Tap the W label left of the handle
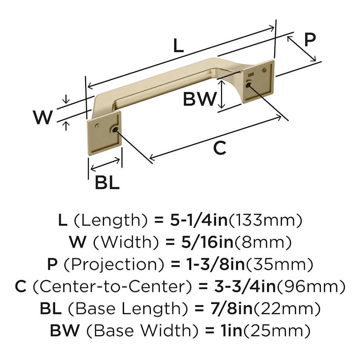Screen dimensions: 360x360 43,117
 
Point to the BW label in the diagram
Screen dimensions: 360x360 199,99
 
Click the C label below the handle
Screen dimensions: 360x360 220,148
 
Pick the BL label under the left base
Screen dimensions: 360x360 107,183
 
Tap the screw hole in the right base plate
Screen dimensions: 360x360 248,84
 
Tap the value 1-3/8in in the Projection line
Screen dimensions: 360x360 212,264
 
